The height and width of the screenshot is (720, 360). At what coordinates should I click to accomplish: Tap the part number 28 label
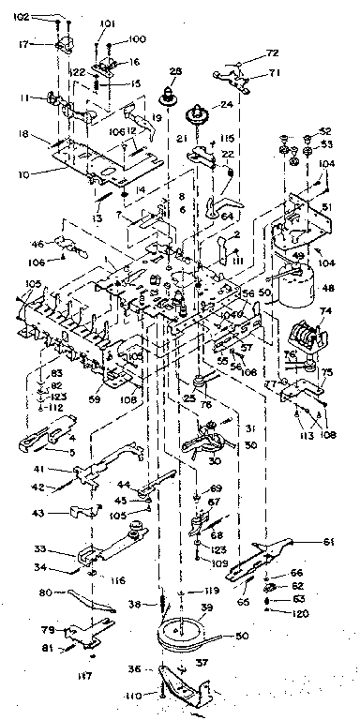click(x=175, y=71)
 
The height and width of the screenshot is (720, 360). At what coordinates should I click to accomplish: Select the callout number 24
click(x=226, y=104)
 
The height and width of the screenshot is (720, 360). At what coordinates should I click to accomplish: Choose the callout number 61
click(x=328, y=542)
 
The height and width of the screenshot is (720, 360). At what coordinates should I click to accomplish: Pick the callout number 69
click(x=217, y=489)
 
